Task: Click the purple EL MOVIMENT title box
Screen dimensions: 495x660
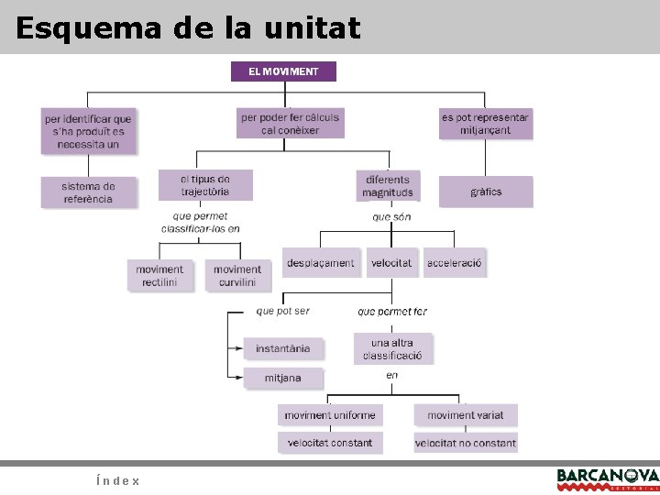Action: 284,71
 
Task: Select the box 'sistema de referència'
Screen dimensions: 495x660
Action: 88,192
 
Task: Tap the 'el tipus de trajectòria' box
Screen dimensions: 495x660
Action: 204,185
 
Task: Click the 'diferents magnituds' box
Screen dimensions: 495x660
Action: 388,186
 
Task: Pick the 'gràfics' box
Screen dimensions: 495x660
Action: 485,192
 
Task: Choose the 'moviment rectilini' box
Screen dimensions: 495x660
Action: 159,276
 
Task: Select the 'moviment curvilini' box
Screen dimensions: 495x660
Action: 237,276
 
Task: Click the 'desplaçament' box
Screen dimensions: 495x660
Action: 320,263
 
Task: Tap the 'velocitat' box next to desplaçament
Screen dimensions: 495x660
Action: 391,263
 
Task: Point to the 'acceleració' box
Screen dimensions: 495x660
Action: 454,263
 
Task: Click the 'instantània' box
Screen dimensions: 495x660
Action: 282,348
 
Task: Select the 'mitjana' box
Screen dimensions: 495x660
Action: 283,378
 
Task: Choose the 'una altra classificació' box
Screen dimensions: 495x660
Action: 392,348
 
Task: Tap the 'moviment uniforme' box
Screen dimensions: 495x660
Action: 329,415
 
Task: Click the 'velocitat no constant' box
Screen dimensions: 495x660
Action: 465,444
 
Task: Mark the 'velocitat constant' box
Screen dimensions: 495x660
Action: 329,444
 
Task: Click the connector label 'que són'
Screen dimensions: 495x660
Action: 391,218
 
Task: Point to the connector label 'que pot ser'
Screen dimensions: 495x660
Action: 282,312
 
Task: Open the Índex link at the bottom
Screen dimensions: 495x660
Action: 117,480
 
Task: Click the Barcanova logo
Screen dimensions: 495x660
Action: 607,478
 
